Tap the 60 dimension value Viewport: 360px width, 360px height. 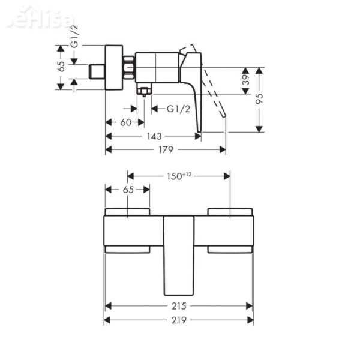tap(125, 122)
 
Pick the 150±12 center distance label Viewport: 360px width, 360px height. tap(179, 175)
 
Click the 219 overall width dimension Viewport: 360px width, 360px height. tap(178, 320)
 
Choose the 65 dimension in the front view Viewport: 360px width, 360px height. tap(128, 189)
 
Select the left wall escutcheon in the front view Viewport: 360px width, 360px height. tap(128, 231)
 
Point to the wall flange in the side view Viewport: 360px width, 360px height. tap(114, 67)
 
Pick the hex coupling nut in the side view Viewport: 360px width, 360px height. tap(129, 67)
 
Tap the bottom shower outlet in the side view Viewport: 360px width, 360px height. tap(144, 91)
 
